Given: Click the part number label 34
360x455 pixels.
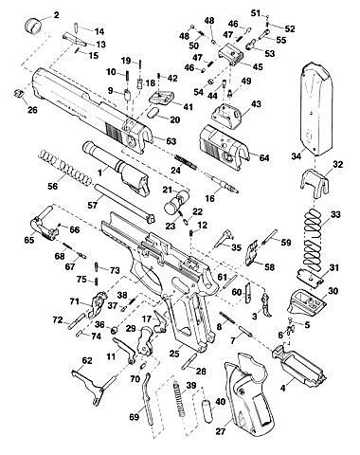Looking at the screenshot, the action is point(296,156).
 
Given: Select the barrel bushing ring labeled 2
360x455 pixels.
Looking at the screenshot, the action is point(33,25).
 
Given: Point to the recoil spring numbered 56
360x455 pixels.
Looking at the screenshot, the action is point(65,167).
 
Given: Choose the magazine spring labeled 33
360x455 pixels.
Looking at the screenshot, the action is point(313,239).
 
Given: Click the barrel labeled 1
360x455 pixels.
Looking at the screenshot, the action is point(116,169).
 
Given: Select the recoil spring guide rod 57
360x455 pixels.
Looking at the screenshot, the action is point(124,202).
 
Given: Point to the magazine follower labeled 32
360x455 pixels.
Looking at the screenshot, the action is point(314,183).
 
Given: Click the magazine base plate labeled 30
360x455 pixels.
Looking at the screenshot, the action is point(307,300).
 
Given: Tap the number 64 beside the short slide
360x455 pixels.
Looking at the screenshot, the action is point(263,157).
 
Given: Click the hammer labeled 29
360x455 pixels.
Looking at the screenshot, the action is point(146,340).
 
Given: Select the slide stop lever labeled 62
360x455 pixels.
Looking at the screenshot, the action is point(88,387).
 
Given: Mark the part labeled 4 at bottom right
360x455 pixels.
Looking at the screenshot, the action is point(298,364).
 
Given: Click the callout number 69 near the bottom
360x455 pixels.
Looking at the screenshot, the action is point(134,417).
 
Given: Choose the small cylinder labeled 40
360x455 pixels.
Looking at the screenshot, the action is point(207,409).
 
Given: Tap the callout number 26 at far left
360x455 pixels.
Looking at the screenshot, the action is point(32,110).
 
